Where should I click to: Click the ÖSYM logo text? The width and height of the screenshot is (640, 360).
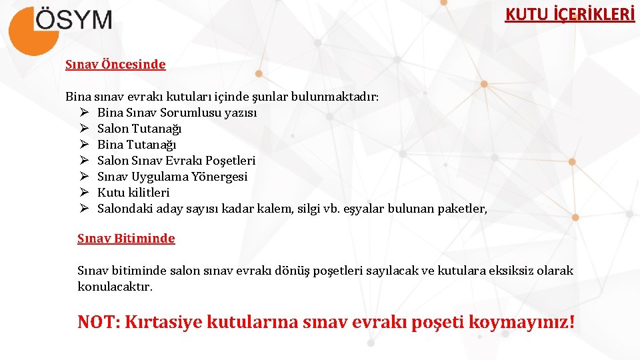[73, 19]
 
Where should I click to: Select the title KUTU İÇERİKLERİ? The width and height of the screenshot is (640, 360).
[569, 15]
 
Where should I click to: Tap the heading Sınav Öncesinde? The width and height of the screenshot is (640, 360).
[115, 65]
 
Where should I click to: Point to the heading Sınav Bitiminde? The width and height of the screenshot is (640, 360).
[126, 239]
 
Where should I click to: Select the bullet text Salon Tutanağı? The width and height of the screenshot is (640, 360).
[139, 129]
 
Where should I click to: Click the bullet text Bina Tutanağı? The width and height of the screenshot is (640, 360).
[137, 145]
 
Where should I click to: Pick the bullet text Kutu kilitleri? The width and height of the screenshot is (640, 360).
[133, 193]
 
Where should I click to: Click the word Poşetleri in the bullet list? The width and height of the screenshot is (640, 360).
[231, 161]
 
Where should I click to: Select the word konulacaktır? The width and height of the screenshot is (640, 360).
[115, 287]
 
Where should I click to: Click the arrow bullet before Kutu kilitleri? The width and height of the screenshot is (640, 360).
[85, 193]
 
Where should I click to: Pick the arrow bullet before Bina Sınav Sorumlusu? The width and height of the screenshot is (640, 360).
[85, 113]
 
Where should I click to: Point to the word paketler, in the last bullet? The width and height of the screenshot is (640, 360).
[463, 209]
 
